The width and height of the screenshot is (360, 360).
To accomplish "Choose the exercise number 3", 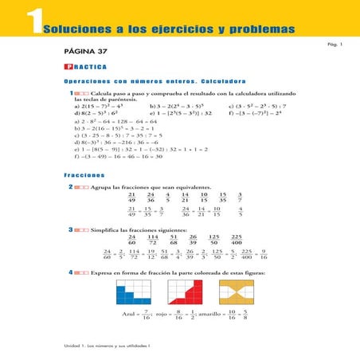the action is point(72,229).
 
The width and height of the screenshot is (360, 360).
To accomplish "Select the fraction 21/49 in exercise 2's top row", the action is point(132,198).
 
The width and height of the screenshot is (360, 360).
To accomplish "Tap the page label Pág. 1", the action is point(335,45).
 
